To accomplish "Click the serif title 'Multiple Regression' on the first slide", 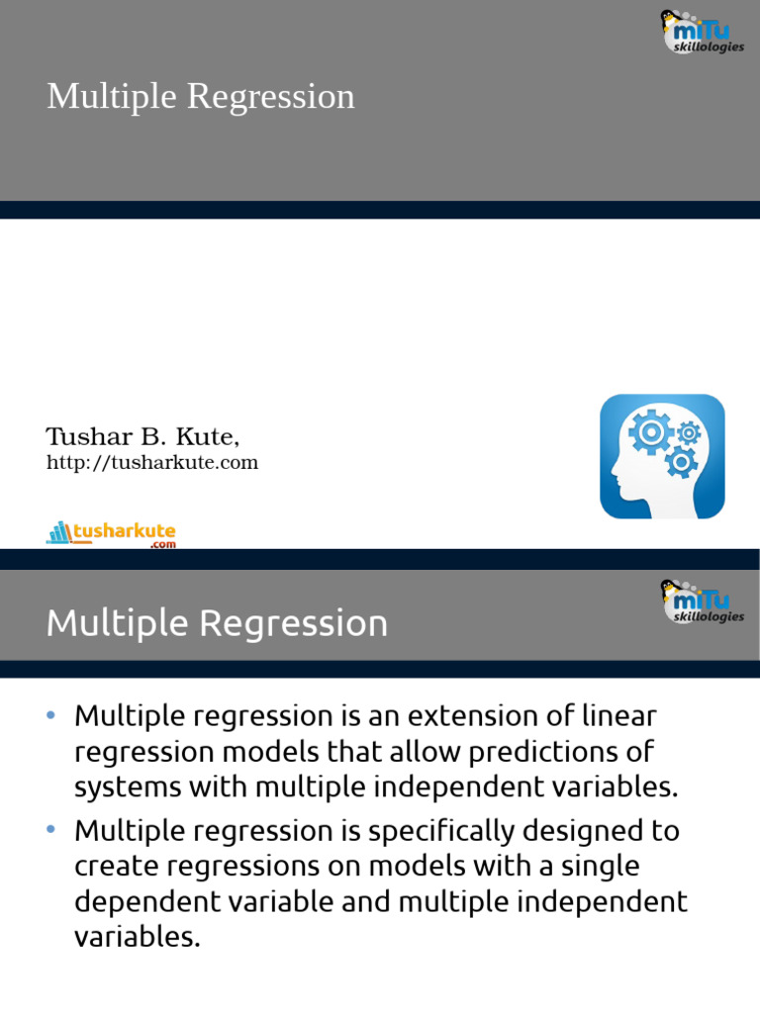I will click(x=201, y=97).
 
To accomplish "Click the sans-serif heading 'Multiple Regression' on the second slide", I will click(x=217, y=623).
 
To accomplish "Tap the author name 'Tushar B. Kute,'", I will click(x=142, y=436).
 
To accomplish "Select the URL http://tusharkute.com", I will click(x=152, y=463).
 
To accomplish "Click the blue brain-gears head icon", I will click(x=662, y=456).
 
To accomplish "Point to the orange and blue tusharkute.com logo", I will click(x=111, y=534).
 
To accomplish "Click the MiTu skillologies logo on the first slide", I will click(x=702, y=33).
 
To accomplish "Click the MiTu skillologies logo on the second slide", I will click(x=702, y=602).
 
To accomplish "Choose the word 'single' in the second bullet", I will click(x=593, y=867).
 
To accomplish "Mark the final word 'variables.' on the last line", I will click(x=137, y=938).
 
